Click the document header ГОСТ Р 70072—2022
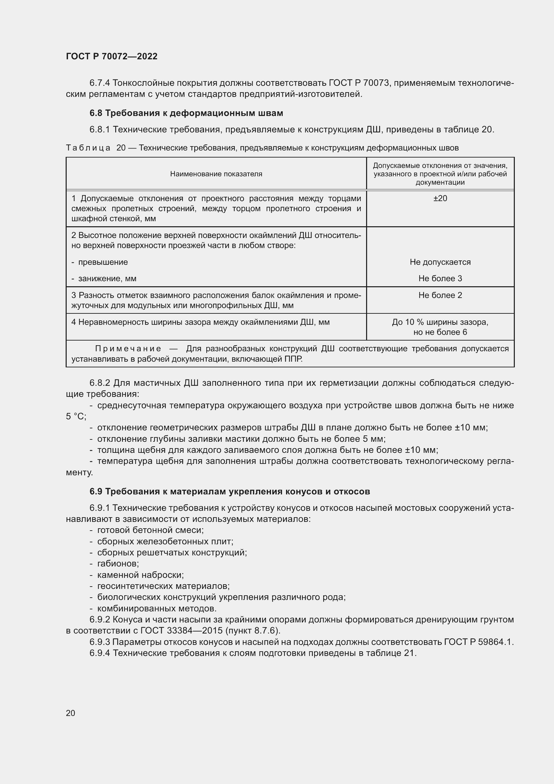click(112, 56)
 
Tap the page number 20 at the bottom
click(70, 713)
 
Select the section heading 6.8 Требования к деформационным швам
click(186, 113)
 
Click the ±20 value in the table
click(440, 198)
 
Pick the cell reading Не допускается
click(440, 262)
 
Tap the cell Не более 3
click(440, 278)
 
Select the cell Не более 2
click(440, 295)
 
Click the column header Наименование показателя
click(216, 174)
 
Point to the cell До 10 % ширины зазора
click(440, 322)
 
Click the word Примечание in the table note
click(128, 349)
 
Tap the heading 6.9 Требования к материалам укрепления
click(229, 491)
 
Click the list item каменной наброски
click(140, 575)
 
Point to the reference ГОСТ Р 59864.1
click(478, 642)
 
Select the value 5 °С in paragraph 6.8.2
click(76, 416)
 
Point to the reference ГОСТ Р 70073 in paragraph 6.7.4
click(359, 83)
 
